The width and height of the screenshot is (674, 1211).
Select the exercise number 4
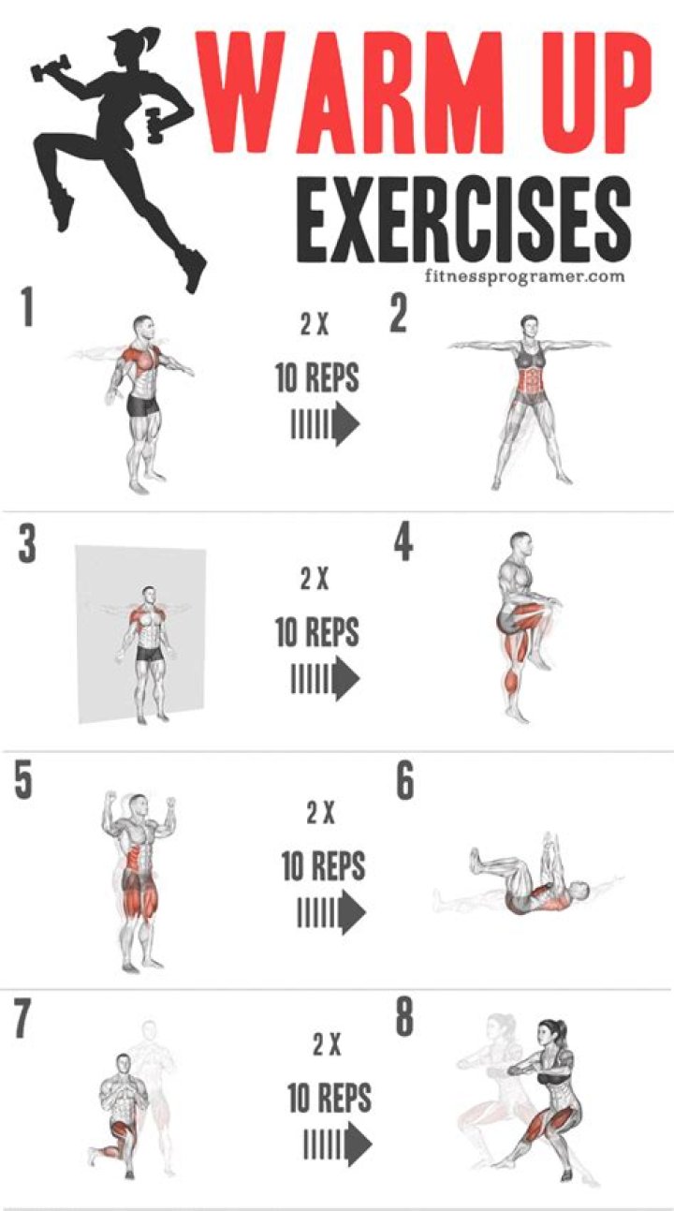pos(403,543)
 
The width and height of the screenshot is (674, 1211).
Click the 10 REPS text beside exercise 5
pos(323,866)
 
